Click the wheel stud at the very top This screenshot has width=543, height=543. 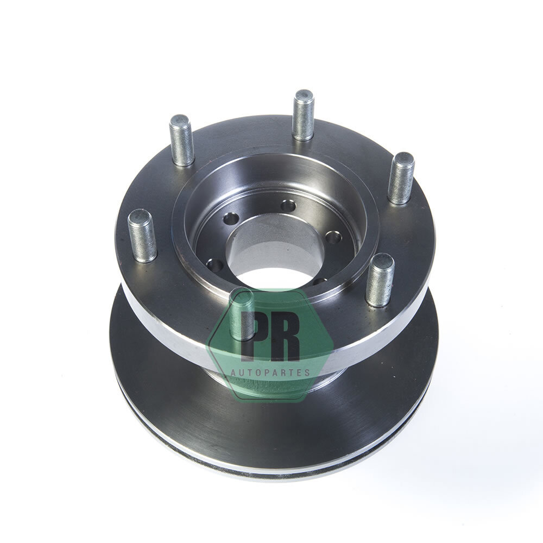[x=304, y=115]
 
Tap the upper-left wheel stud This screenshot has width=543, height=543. [x=181, y=140]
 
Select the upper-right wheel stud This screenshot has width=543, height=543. [x=401, y=178]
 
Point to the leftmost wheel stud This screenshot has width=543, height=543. [x=142, y=236]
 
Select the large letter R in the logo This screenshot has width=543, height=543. [x=285, y=334]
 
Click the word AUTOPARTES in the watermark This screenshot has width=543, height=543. [x=270, y=372]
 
